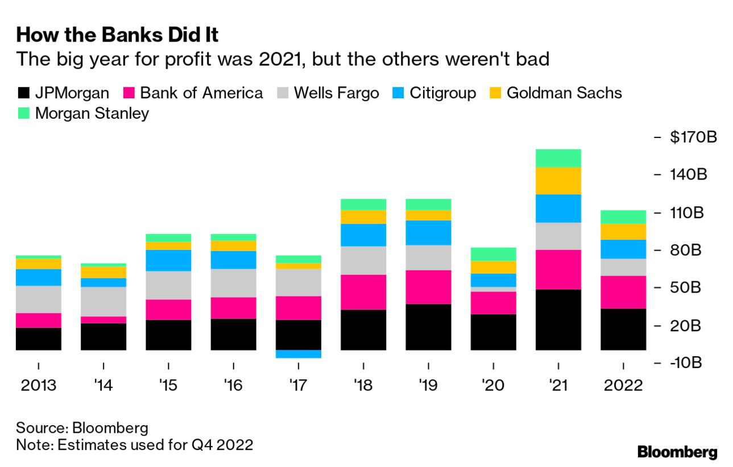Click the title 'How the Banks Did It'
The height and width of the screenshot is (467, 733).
coord(118,35)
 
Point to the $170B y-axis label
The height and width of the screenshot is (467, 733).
coord(692,137)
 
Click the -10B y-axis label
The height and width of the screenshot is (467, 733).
coord(689,362)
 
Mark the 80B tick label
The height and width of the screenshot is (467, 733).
coord(689,251)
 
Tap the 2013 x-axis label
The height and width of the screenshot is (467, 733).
coord(39,386)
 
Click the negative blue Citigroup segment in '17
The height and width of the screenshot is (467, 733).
coord(299,354)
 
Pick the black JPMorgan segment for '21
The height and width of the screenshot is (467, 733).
coord(558,319)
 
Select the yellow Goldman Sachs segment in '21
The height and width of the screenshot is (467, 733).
coord(558,181)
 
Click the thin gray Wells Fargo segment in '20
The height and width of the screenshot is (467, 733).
coord(493,289)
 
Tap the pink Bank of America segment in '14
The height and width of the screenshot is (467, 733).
coord(103,320)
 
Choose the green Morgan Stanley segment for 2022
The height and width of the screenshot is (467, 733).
coord(623,216)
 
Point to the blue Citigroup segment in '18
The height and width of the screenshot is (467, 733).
coord(363,235)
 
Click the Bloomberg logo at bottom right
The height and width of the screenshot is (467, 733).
coord(677,453)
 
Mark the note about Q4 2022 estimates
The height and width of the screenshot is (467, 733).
coord(134,444)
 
